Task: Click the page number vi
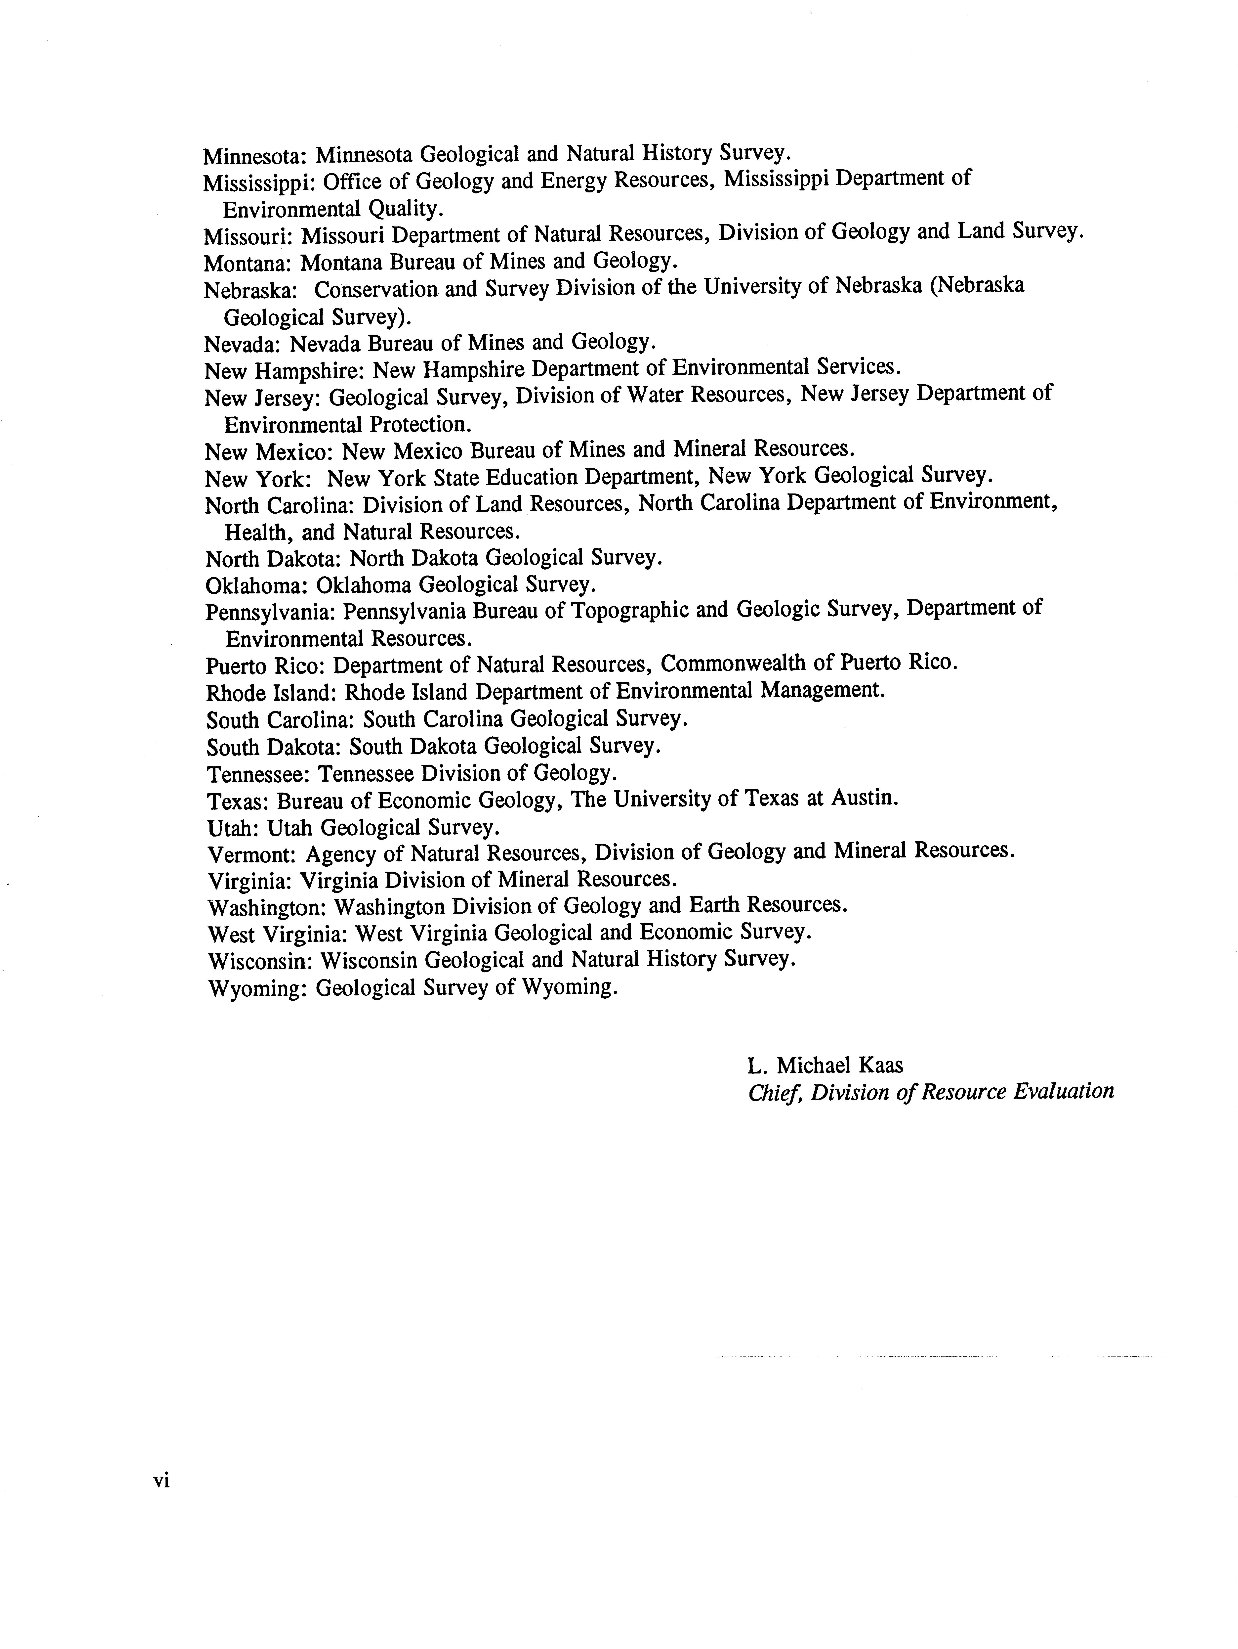point(162,1480)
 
